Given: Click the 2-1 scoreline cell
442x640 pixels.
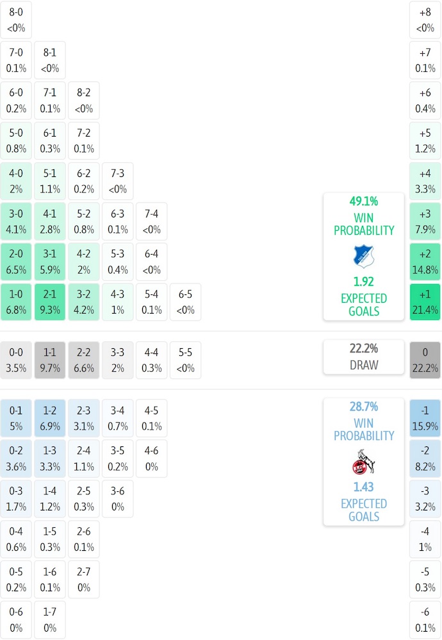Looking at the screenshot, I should [50, 302].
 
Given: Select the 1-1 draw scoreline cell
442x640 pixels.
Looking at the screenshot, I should [50, 360].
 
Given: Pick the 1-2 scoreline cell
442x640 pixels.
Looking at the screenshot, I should [50, 418].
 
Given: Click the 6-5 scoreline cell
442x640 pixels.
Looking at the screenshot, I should [186, 302].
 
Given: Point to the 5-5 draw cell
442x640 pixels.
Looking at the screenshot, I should [186, 360].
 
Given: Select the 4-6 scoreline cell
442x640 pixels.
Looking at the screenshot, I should [151, 459].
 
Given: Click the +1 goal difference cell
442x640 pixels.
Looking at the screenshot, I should [425, 302].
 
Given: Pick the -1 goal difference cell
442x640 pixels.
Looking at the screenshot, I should [425, 418].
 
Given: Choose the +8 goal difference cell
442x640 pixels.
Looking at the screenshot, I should [425, 20].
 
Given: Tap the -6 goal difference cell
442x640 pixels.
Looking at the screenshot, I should [425, 620].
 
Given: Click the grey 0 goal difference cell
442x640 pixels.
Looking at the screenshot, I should [425, 360].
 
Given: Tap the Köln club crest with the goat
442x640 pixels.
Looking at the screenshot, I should [363, 462].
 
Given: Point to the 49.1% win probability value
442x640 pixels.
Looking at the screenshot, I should [363, 201].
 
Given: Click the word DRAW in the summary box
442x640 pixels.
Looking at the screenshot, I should [363, 366].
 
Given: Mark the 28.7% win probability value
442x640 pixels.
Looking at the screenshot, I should [363, 407].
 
